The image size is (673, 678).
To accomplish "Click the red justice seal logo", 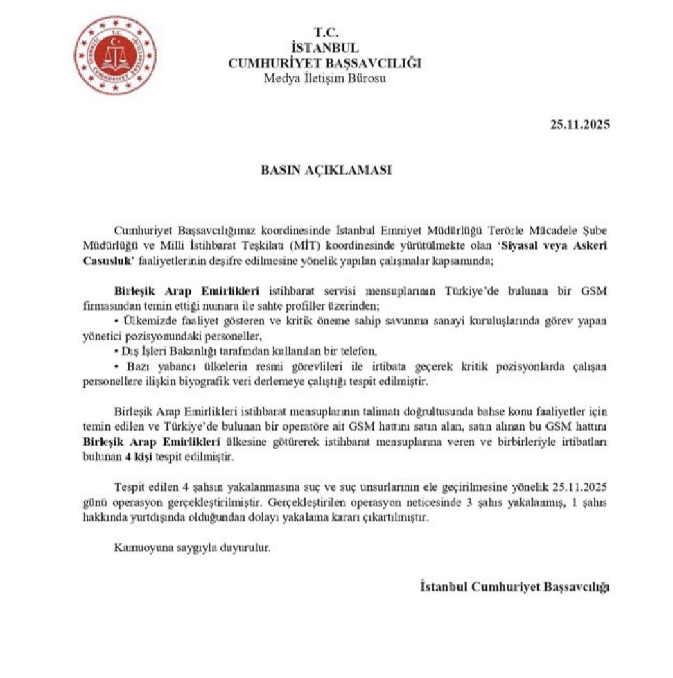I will [x=115, y=55].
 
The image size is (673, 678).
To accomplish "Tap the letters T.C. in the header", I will [x=324, y=33].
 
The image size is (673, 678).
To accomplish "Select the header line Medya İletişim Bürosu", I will [x=324, y=78].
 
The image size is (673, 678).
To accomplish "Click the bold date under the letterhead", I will [x=580, y=125].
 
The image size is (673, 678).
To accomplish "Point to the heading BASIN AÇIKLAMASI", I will [x=325, y=169].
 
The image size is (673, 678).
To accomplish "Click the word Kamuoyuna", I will [x=141, y=548].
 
